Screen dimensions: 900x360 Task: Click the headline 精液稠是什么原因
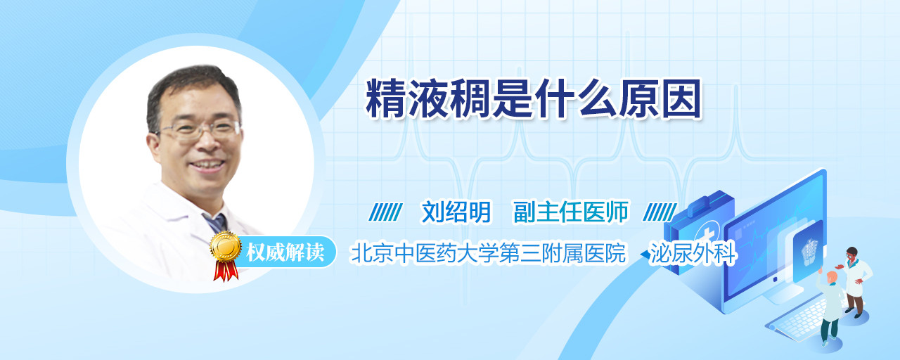pos(534,99)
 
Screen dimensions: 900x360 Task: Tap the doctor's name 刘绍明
pos(456,212)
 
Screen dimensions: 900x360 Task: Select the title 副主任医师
pos(571,212)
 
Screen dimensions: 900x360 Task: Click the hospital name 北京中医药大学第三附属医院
pos(488,253)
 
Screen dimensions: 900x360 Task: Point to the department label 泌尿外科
pos(693,253)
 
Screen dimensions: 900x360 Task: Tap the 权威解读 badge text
pos(285,252)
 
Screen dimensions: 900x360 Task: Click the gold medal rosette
pos(226,246)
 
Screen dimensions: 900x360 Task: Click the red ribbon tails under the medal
pos(226,271)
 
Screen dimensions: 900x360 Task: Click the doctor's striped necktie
pos(216,223)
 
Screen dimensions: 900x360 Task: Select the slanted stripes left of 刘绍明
pos(385,212)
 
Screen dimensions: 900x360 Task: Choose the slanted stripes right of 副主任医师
pos(660,212)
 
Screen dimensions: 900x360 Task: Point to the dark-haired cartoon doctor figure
pos(854,282)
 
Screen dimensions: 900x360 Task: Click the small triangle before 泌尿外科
pos(645,255)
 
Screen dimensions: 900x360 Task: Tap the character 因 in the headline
pos(681,99)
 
